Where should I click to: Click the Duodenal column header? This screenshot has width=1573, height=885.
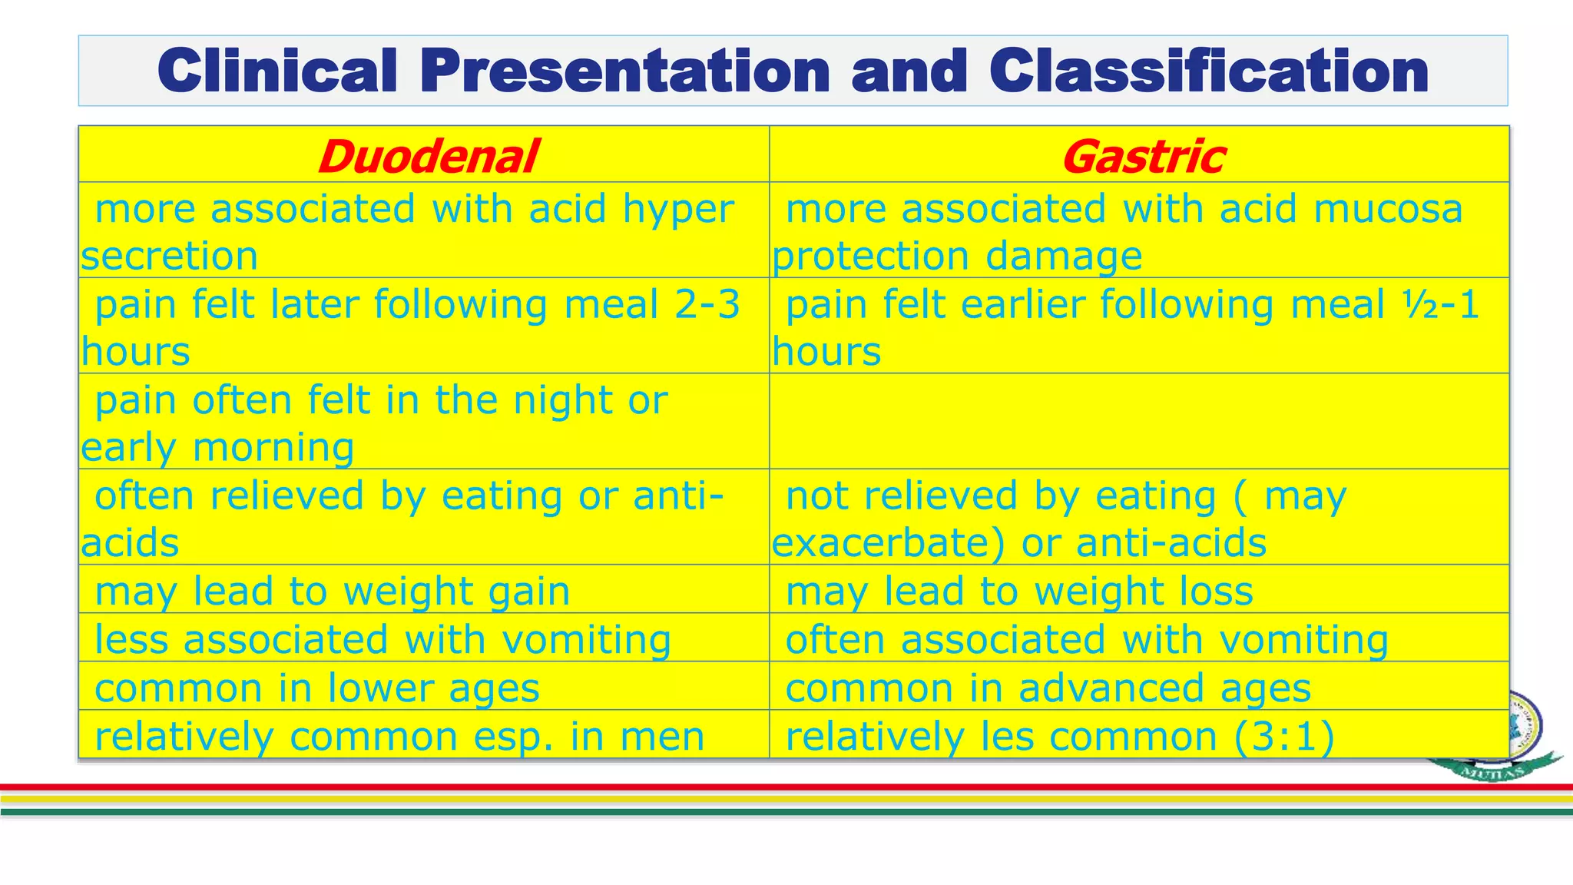coord(427,157)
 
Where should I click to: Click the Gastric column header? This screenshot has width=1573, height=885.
coord(1142,157)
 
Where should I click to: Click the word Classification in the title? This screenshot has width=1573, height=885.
coord(1208,71)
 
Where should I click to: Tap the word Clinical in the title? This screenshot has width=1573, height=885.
coord(277,71)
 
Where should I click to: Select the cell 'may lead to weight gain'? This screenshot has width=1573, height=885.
coord(332,591)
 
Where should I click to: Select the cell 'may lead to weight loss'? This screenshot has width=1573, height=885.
coord(1018,591)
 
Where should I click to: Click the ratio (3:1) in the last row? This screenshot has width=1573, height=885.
coord(1283,736)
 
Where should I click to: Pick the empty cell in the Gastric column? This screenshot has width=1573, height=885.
coord(1138,422)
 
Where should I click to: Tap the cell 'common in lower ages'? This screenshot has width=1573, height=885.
coord(316,688)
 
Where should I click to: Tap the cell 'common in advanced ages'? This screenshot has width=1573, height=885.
coord(1048,688)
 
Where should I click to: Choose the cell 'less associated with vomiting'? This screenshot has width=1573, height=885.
coord(382,639)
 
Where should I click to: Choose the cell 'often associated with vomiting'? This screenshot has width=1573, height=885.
coord(1086,639)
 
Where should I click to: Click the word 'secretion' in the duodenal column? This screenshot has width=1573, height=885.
coord(169,257)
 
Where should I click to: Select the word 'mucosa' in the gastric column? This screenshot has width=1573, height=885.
coord(1387,209)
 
